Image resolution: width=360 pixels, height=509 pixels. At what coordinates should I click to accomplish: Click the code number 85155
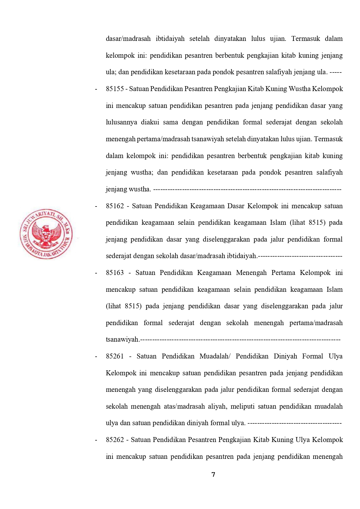[x=115, y=89]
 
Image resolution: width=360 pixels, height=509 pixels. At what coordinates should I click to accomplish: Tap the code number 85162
[x=115, y=206]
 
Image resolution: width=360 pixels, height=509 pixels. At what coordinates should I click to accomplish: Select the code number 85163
[x=115, y=273]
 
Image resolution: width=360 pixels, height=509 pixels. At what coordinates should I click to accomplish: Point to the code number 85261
[x=115, y=356]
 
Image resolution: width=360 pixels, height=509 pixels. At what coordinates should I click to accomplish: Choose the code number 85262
[x=115, y=440]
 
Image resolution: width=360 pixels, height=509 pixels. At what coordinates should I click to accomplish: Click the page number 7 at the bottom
[x=214, y=474]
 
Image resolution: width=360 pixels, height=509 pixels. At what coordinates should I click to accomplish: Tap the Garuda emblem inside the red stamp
[x=46, y=235]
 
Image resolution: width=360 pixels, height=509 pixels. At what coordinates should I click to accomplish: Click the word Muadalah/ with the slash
[x=215, y=356]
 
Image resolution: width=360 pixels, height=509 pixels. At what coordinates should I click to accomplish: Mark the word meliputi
[x=243, y=407]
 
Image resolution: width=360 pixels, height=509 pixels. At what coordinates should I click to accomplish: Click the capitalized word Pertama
[x=283, y=273]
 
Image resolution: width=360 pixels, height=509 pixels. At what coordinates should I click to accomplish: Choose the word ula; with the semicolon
[x=111, y=72]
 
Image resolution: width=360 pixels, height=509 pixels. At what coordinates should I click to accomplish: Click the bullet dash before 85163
[x=96, y=273]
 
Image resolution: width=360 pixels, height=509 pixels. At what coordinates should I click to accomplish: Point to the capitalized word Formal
[x=312, y=356]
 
